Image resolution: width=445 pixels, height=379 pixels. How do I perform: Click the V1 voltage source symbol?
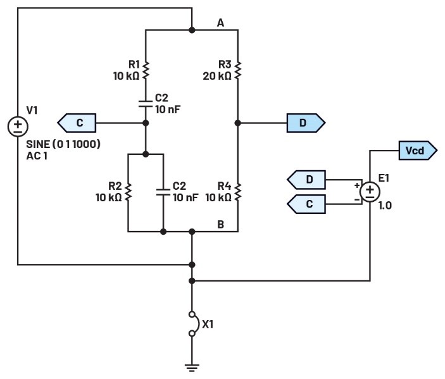click(x=18, y=126)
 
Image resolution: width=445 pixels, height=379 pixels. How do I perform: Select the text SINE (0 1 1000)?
click(x=63, y=144)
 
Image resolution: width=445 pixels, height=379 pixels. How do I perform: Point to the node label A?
click(x=220, y=23)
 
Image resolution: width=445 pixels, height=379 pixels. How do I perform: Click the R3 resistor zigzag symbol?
click(x=238, y=70)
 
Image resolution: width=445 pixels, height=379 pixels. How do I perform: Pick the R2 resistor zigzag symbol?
click(x=128, y=191)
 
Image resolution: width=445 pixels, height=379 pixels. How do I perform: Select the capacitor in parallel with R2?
click(x=163, y=192)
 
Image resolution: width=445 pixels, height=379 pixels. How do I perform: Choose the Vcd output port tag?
click(x=417, y=151)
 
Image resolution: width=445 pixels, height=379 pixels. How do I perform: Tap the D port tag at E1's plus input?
click(x=306, y=180)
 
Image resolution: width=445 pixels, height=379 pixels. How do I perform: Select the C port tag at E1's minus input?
click(x=306, y=204)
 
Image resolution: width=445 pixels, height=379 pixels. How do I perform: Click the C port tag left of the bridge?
click(x=77, y=123)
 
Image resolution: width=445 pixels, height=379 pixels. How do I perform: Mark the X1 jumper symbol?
click(x=192, y=324)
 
